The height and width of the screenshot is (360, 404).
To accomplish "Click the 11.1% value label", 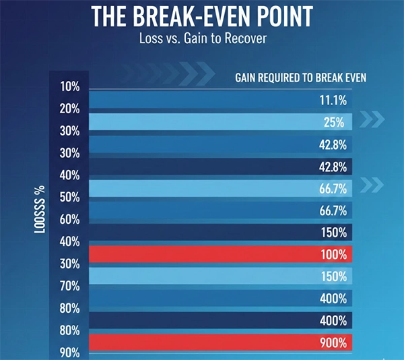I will [333, 100].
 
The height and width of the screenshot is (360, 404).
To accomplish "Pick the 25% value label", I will [334, 122].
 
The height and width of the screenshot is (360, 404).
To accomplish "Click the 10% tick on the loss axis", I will [70, 86].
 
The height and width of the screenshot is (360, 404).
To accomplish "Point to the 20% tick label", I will [70, 109].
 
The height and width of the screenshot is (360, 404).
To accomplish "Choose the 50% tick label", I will [70, 198].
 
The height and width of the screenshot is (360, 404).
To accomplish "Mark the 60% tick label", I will [70, 220].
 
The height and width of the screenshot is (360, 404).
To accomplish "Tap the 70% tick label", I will [70, 286].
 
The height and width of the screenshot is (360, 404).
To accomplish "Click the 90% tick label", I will [70, 353].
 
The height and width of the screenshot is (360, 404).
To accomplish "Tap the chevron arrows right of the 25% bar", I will [372, 120].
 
